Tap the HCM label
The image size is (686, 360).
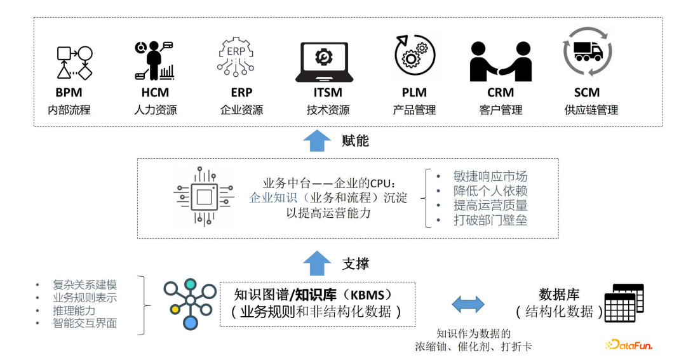pos(155,93)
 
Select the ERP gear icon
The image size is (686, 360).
pos(235,56)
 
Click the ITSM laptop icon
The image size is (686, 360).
pos(324,62)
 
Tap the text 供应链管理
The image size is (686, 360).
pos(591,110)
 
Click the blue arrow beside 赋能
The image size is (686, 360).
pos(317,140)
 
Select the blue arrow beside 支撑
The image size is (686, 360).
pos(317,263)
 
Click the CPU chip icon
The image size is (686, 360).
pos(203,196)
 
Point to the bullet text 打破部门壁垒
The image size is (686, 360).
pos(490,220)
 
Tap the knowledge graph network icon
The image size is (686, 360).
pos(190,303)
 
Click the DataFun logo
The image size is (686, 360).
pos(629,345)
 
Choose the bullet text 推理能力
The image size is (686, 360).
pos(74,310)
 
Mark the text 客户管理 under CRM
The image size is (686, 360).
pos(501,110)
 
